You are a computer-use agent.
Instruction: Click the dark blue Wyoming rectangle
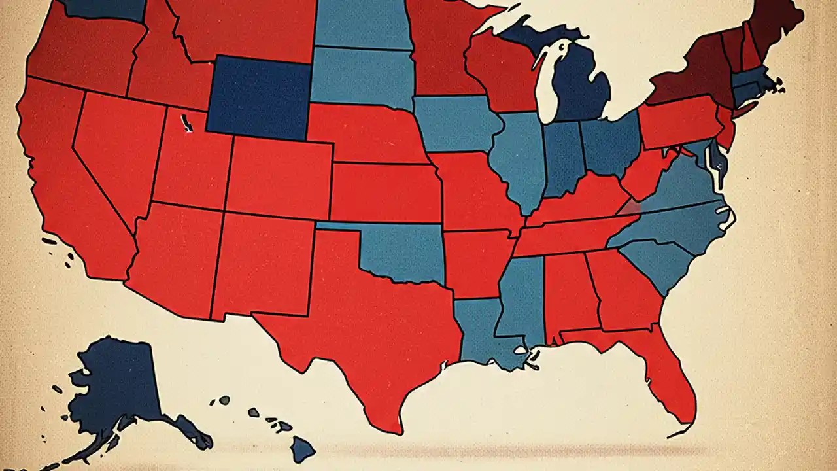258,97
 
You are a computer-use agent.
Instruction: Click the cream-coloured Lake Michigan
546,85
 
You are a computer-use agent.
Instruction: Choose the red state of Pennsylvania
677,121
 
